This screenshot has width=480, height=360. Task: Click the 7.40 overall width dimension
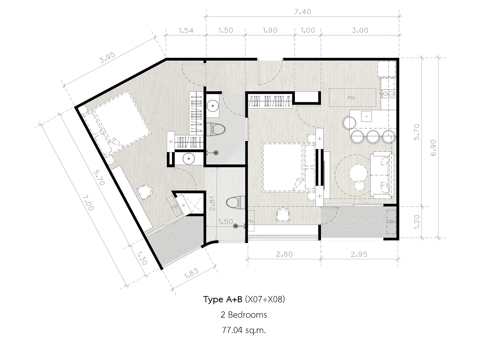tap(302, 12)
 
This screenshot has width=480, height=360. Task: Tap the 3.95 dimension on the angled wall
tap(108, 58)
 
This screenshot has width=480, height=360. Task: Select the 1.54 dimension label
tap(186, 30)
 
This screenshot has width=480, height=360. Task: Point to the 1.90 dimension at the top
tap(270, 30)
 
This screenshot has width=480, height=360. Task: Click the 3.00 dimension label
tap(360, 30)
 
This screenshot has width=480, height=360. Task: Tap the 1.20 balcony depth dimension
tap(417, 222)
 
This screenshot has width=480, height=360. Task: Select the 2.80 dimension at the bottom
tap(284, 254)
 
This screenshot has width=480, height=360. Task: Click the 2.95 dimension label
tap(359, 254)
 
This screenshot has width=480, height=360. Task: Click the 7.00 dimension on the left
tap(88, 203)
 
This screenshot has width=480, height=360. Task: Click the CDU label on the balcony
tap(391, 221)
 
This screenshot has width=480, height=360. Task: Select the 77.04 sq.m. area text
tap(244, 330)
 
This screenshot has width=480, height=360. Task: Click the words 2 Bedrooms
tap(244, 315)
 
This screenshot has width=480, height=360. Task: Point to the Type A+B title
tap(222, 299)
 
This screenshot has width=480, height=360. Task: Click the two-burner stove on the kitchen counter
tap(388, 94)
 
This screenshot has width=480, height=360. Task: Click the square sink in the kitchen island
tap(367, 116)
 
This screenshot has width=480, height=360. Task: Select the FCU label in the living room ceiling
tap(351, 98)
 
